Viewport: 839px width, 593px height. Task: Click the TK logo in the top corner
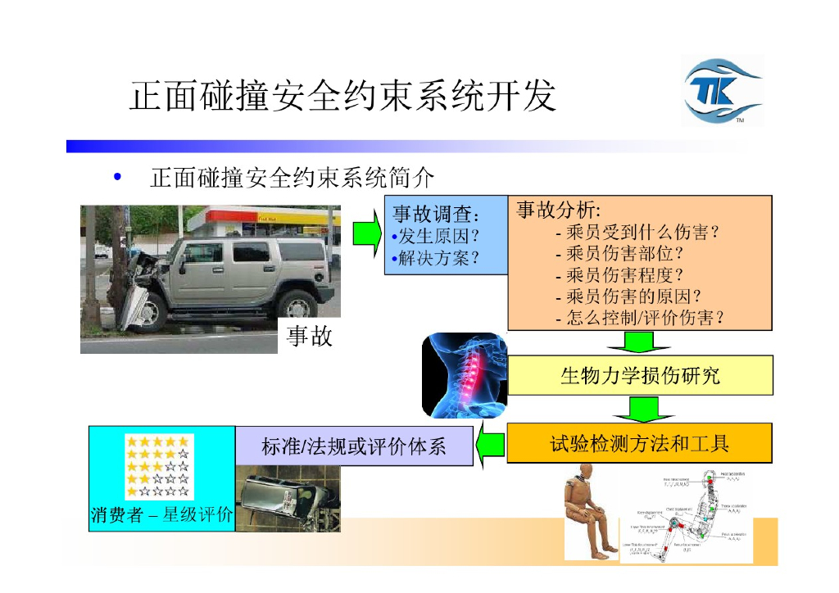coord(722,91)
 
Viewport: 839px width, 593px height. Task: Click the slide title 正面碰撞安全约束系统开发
coord(342,97)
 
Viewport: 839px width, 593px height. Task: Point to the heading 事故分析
coord(558,210)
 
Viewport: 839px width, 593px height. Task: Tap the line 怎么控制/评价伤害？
coord(639,318)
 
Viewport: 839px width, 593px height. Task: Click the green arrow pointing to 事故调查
coord(366,234)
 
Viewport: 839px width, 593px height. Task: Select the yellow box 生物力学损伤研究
coord(640,376)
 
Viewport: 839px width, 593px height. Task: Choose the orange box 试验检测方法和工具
coord(639,444)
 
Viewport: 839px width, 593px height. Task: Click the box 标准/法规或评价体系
coord(354,446)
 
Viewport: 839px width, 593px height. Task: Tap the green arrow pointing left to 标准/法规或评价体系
coord(490,446)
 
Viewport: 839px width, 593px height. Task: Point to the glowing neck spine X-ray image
coord(464,375)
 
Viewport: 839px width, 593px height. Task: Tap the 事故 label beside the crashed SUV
coord(310,336)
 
